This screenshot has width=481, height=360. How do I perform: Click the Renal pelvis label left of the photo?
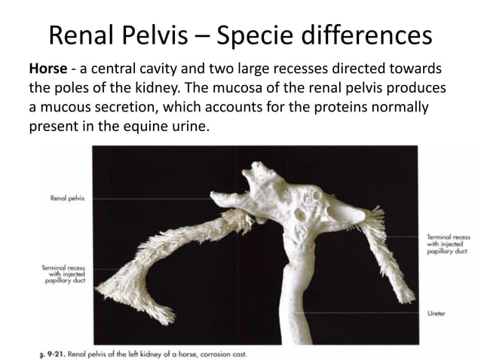pos(67,199)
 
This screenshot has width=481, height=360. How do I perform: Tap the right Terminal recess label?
pos(449,243)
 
